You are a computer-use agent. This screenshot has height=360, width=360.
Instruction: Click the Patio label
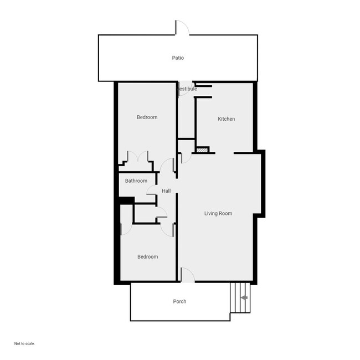pos(178,58)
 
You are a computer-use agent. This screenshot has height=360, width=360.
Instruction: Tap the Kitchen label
pos(226,119)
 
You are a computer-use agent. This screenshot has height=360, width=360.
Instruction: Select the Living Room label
pos(218,213)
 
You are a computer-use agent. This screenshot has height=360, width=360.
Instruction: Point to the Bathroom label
pos(136,181)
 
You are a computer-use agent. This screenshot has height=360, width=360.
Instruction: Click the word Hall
pos(166,191)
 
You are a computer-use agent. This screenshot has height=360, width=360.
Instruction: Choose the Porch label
pos(179,301)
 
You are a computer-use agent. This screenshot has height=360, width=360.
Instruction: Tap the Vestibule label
pos(187,89)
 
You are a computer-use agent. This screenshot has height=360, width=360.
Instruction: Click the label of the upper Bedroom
pos(147,117)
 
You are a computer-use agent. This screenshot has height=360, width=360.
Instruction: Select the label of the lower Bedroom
pos(147,256)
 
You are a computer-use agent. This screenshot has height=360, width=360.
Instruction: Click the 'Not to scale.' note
pos(24,343)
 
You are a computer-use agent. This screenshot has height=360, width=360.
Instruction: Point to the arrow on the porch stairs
pos(244,298)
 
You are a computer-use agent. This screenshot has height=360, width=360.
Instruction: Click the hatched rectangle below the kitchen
pos(202,150)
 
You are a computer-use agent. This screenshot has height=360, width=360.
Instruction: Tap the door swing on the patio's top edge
pos(182,28)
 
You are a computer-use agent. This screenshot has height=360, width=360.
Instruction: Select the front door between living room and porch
pos(187,275)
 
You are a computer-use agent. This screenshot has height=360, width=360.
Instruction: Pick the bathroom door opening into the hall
pos(151,190)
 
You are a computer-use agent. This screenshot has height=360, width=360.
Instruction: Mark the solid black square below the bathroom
pos(127,200)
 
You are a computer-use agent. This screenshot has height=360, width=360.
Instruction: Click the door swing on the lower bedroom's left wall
pos(125,228)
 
